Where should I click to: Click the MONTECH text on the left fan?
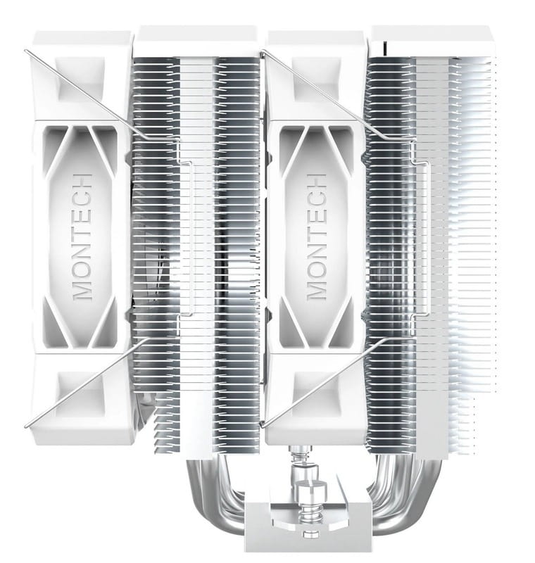point(83,235)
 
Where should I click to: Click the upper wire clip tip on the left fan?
point(27,51)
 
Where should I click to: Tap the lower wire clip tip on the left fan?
point(27,424)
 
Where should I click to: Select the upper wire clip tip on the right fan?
point(263,51)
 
